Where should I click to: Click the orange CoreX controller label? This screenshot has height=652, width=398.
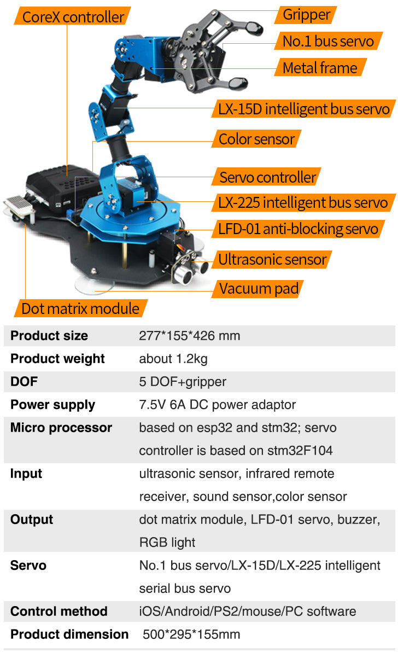pyautogui.click(x=73, y=16)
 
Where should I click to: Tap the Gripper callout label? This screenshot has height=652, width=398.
pyautogui.click(x=306, y=14)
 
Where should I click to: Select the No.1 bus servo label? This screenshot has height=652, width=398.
pyautogui.click(x=328, y=41)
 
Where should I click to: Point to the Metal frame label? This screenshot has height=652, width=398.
pyautogui.click(x=320, y=68)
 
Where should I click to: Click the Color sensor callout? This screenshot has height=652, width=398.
pyautogui.click(x=256, y=139)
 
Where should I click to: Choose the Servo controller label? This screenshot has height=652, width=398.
pyautogui.click(x=267, y=177)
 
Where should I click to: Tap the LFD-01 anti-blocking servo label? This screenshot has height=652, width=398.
pyautogui.click(x=298, y=229)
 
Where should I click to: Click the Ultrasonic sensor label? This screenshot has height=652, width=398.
pyautogui.click(x=272, y=259)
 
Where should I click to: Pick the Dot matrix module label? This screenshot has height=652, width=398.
pyautogui.click(x=80, y=308)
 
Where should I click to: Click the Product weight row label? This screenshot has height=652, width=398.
pyautogui.click(x=57, y=359)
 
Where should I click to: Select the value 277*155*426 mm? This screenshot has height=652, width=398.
pyautogui.click(x=189, y=336)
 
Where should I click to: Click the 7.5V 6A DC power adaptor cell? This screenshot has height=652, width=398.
pyautogui.click(x=217, y=405)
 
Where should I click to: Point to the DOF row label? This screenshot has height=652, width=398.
pyautogui.click(x=24, y=382)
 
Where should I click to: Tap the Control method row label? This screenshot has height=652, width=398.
pyautogui.click(x=58, y=612)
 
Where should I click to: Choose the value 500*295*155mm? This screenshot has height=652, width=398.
pyautogui.click(x=191, y=634)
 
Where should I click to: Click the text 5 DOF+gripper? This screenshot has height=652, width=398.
pyautogui.click(x=183, y=382)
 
